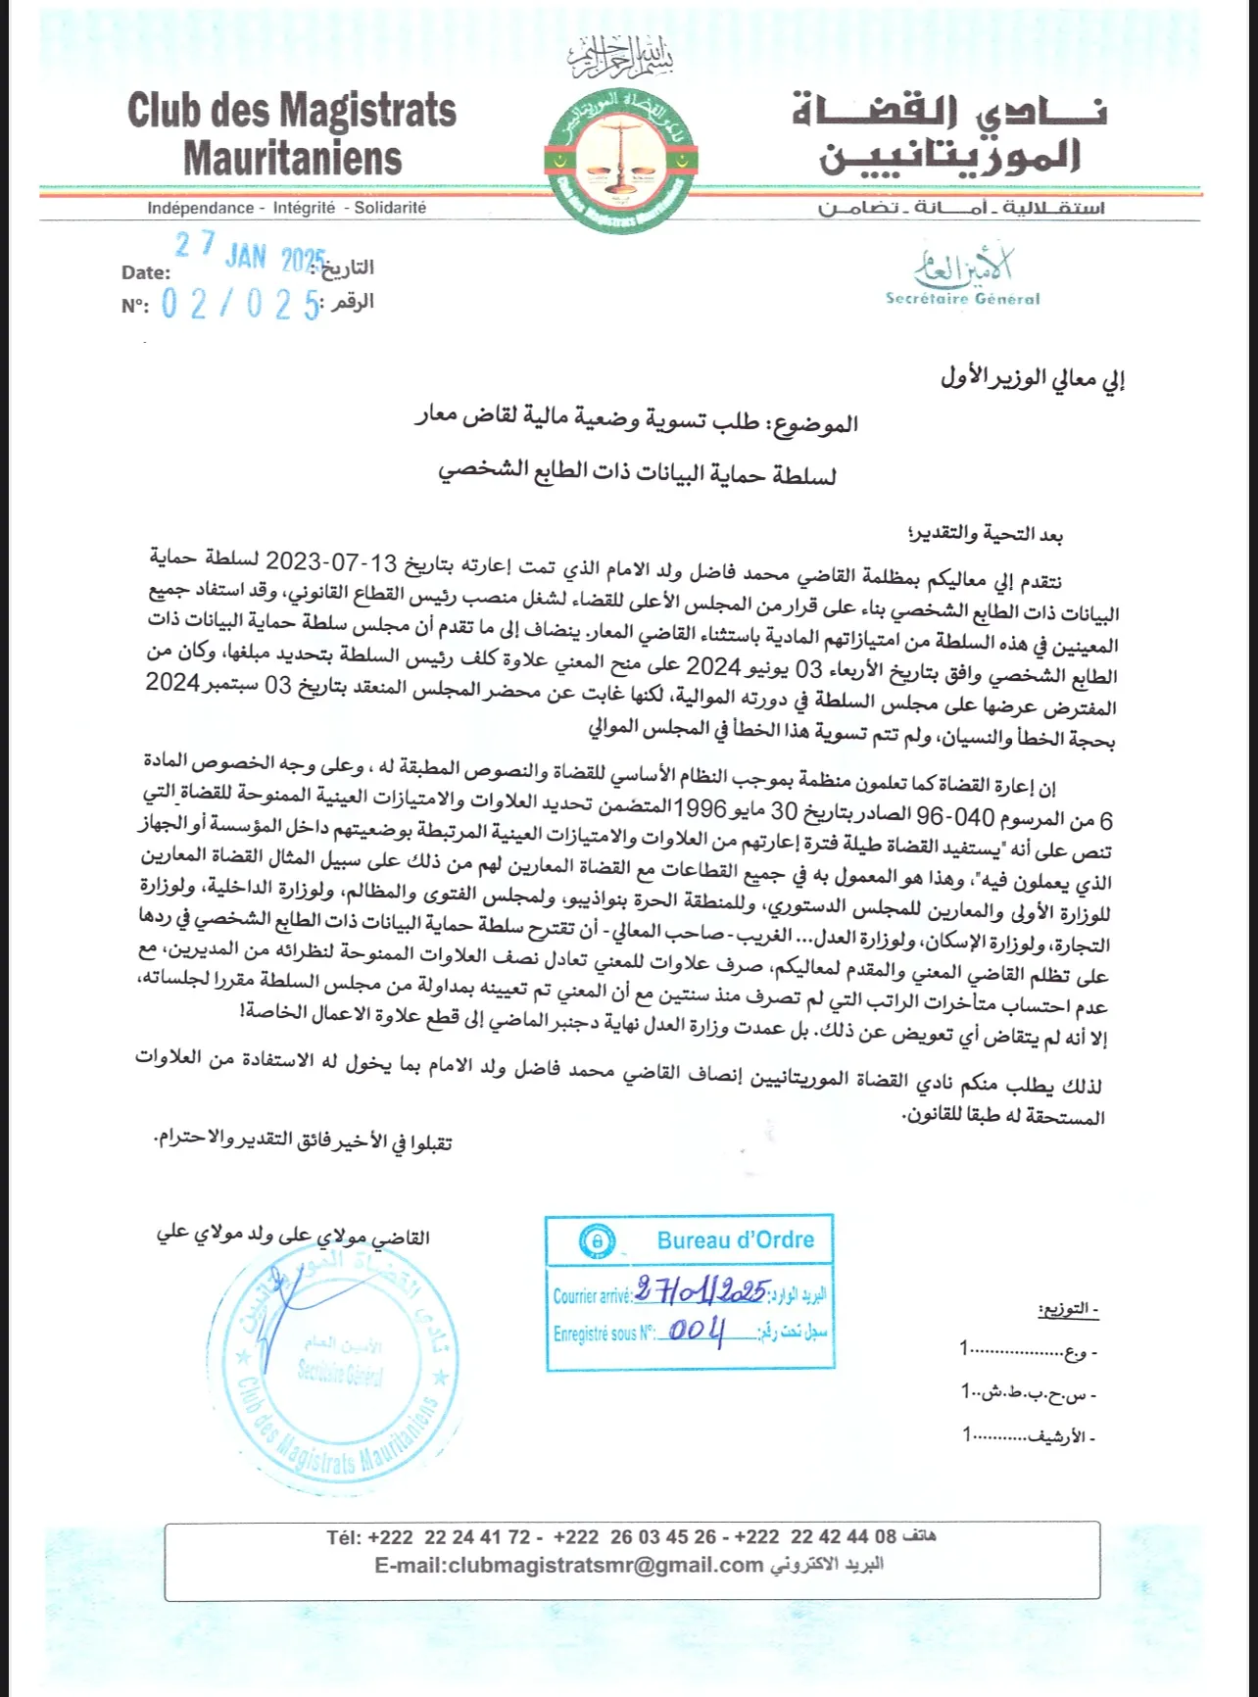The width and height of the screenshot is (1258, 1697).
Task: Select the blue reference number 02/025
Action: [x=241, y=305]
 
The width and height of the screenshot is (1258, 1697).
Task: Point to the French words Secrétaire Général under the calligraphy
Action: [x=962, y=299]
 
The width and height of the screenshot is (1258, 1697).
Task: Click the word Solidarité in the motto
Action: [x=390, y=208]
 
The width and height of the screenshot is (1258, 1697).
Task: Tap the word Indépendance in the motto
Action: [x=200, y=208]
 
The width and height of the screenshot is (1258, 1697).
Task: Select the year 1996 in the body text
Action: [x=702, y=810]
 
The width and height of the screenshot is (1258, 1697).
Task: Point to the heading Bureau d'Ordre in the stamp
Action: [x=736, y=1240]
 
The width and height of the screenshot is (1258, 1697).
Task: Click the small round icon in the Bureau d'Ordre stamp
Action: [x=595, y=1241]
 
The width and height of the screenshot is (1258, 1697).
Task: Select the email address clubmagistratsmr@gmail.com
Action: [x=568, y=1566]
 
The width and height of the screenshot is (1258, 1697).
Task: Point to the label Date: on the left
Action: [x=145, y=273]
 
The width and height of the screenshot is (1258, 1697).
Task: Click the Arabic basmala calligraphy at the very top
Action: [x=623, y=59]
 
